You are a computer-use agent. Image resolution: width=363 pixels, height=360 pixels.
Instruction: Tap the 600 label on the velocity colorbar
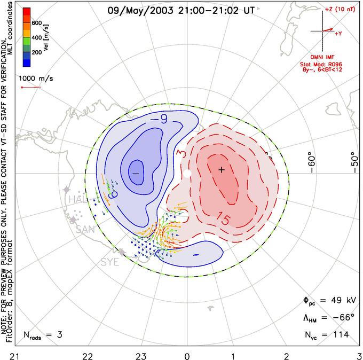[36, 23]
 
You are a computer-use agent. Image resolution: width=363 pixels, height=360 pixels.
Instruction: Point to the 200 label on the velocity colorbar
[36, 53]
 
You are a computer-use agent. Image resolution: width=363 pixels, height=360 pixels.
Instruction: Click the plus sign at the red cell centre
[222, 170]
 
